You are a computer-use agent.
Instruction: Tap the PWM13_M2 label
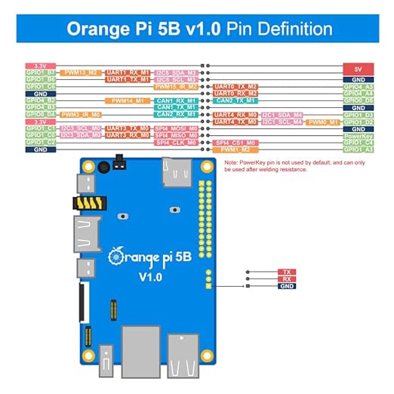81,72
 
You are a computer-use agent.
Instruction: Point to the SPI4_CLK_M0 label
175,142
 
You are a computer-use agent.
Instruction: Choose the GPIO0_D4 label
39,114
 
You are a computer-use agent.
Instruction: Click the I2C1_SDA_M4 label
282,115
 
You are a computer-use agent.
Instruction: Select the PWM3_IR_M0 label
81,114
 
